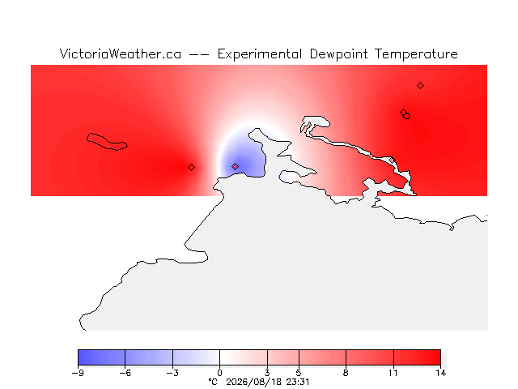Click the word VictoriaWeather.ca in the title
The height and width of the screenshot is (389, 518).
[121, 53]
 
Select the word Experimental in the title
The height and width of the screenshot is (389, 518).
[260, 54]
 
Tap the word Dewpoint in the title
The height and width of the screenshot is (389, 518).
[338, 54]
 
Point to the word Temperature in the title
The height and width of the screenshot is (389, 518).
[416, 54]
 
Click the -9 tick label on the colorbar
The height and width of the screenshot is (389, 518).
[78, 373]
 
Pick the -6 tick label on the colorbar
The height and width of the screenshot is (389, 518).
[125, 373]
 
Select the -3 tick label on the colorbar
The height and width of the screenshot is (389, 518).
[172, 373]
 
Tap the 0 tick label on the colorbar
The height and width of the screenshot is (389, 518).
[219, 373]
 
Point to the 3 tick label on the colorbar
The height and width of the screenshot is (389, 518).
[267, 373]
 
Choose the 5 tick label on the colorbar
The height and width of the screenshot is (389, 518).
[299, 373]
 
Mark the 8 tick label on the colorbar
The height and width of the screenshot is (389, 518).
[346, 373]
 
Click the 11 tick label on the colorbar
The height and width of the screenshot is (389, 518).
[393, 373]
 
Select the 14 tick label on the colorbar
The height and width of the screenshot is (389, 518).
[440, 373]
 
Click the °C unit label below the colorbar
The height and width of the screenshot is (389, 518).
[213, 382]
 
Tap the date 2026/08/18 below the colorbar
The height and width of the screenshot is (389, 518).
[253, 382]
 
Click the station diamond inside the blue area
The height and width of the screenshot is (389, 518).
[235, 166]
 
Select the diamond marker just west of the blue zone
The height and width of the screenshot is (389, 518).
[191, 168]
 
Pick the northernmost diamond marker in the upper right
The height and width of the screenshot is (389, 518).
[420, 86]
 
